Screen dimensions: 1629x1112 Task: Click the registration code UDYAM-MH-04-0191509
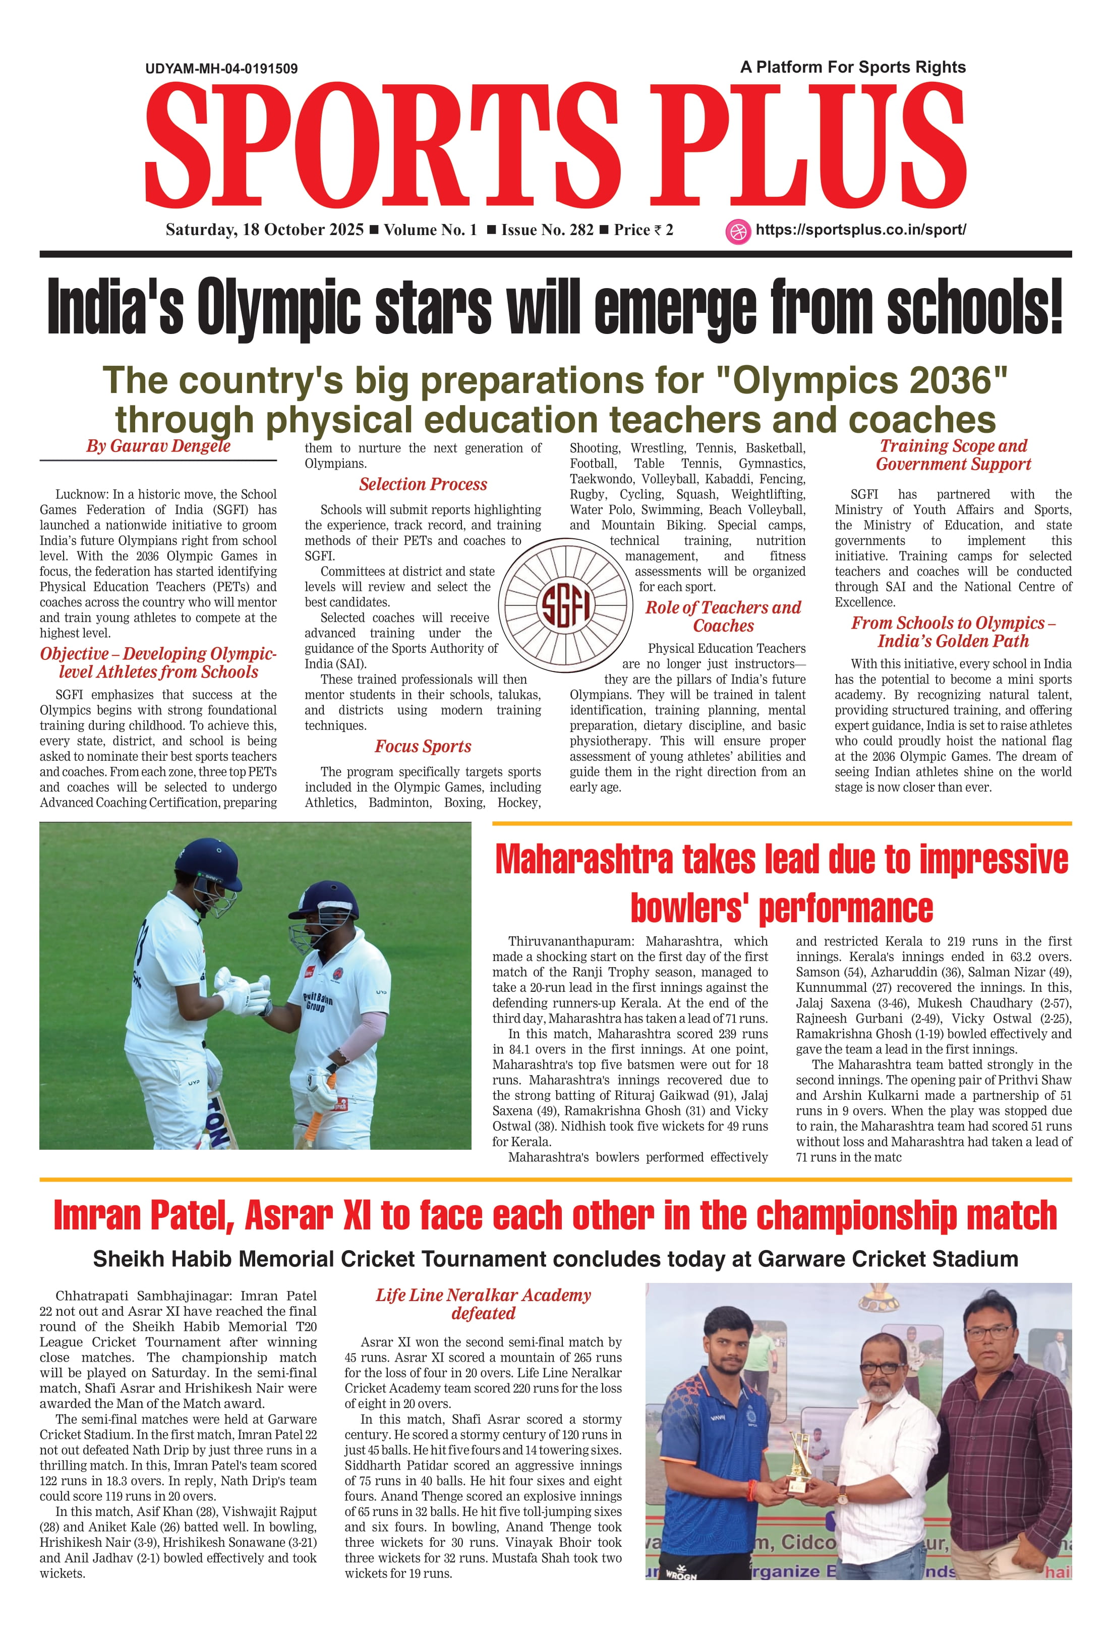click(x=221, y=69)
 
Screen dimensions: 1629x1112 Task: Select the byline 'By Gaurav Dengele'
click(x=158, y=446)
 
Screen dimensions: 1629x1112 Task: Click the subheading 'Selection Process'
click(x=423, y=484)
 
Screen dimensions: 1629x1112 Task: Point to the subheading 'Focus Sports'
click(x=423, y=747)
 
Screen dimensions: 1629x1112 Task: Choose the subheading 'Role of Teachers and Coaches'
click(x=723, y=617)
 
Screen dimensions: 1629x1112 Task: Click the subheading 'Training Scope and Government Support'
click(x=953, y=455)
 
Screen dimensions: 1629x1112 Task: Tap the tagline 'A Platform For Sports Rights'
click(x=853, y=67)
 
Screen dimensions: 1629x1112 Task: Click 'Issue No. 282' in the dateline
click(x=547, y=230)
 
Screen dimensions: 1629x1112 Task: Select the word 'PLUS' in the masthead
click(x=808, y=146)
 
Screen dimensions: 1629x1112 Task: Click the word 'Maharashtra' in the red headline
click(x=583, y=860)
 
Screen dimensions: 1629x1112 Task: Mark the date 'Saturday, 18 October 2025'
click(x=264, y=230)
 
